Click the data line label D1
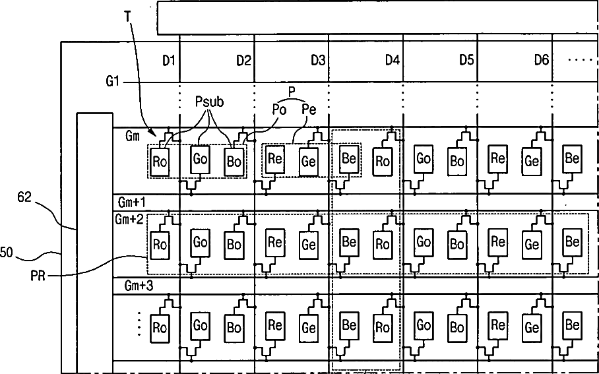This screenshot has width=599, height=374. pyautogui.click(x=170, y=61)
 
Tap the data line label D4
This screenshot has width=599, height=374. pyautogui.click(x=393, y=61)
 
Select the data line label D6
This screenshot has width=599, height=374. pyautogui.click(x=542, y=61)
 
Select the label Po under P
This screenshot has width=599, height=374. pyautogui.click(x=280, y=109)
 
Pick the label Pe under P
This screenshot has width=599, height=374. pyautogui.click(x=309, y=109)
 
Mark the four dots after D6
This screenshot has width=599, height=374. pyautogui.click(x=581, y=59)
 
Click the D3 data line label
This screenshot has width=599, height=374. pyautogui.click(x=318, y=61)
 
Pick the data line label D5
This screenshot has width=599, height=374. pyautogui.click(x=467, y=61)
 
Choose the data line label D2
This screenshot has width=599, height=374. pyautogui.click(x=244, y=61)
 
